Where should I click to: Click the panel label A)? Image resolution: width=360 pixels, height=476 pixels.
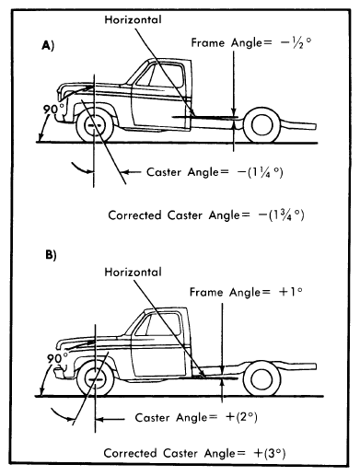(x=48, y=46)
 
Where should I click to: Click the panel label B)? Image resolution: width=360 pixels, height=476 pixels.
(x=51, y=255)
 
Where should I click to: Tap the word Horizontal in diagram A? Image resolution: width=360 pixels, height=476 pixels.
(x=133, y=20)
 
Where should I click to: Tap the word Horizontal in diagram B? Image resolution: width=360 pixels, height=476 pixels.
(x=133, y=273)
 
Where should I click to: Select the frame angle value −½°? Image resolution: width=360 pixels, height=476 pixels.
(x=296, y=42)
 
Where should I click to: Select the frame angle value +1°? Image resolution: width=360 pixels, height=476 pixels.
(x=291, y=292)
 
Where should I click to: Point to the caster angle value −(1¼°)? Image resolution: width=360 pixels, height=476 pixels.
(x=261, y=172)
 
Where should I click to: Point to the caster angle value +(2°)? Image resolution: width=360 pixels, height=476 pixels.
(x=241, y=417)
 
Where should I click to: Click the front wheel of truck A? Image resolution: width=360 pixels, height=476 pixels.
(x=95, y=126)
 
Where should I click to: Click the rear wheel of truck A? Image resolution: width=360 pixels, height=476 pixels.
(x=261, y=125)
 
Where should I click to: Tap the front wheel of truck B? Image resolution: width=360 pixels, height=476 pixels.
(x=96, y=379)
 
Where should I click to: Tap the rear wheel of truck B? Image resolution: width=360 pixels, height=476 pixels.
(x=262, y=379)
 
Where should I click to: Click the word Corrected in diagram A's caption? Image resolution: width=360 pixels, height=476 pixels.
(x=134, y=215)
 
